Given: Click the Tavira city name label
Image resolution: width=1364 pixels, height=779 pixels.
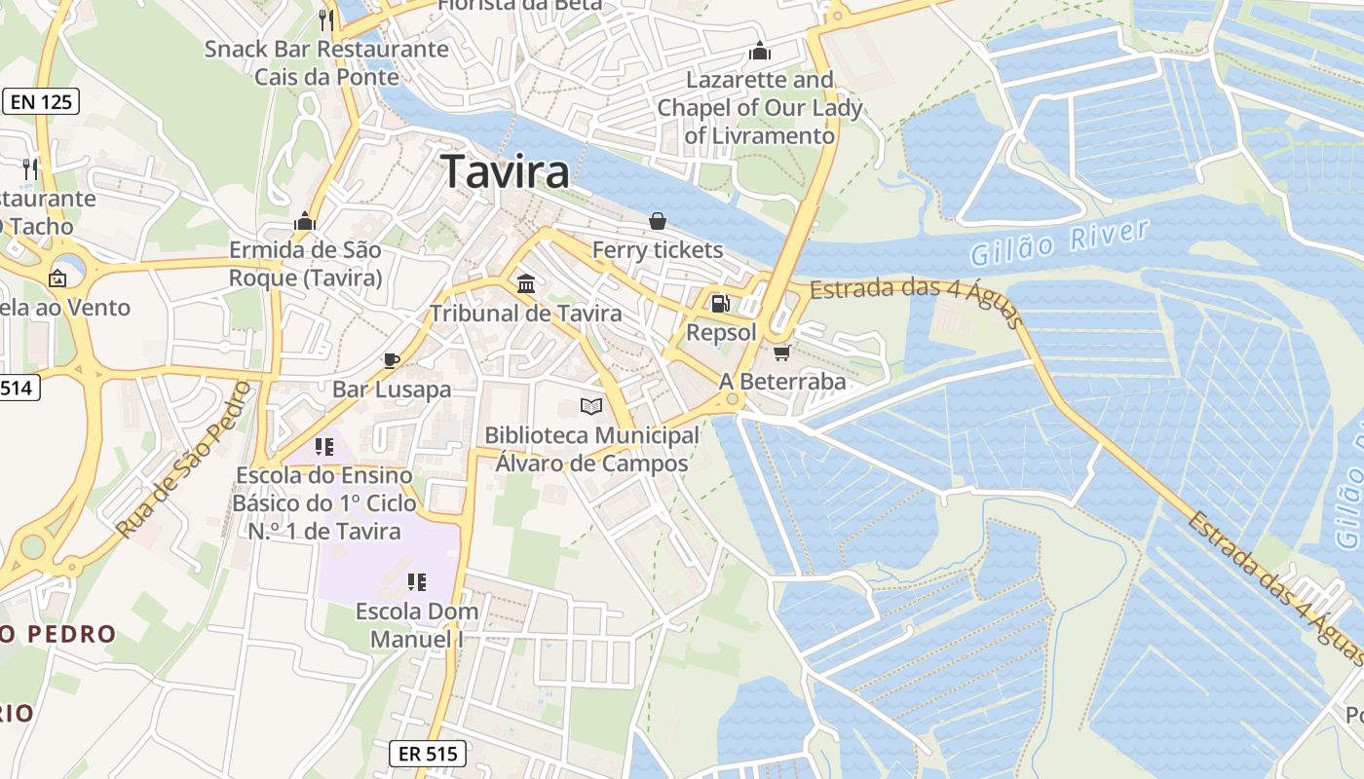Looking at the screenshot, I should click(506, 171).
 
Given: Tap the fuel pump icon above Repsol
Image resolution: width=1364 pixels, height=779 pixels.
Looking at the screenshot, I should click(721, 304).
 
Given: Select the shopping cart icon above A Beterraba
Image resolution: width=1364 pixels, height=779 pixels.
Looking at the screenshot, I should click(781, 352).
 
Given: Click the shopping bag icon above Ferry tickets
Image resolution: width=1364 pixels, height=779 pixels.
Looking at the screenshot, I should click(658, 221).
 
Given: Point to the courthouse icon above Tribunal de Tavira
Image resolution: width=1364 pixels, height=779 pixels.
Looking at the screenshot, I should click(526, 283).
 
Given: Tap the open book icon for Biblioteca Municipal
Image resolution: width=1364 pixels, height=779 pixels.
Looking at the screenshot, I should click(591, 406).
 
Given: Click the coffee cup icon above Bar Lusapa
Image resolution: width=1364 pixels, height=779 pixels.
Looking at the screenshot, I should click(392, 360).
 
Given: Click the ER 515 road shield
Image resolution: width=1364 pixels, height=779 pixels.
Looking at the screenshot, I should click(428, 753).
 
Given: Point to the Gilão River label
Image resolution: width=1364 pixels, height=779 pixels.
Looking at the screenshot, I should click(1059, 242).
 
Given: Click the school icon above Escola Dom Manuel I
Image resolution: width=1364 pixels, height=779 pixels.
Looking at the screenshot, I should click(417, 582).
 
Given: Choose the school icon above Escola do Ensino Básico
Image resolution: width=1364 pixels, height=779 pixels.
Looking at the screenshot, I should click(324, 447).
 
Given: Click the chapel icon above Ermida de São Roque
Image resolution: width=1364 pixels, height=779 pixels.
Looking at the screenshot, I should click(305, 221).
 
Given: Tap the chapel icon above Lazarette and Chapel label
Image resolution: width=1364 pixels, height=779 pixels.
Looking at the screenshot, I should click(759, 51).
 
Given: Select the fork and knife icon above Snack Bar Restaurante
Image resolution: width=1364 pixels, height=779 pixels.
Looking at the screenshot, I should click(326, 19).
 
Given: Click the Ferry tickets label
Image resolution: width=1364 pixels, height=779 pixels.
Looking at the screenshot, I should click(658, 250).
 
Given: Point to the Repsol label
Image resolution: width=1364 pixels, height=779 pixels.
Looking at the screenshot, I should click(721, 332).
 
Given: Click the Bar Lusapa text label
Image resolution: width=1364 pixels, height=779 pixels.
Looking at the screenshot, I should click(392, 389).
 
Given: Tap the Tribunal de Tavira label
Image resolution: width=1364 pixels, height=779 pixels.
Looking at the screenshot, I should click(526, 314).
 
